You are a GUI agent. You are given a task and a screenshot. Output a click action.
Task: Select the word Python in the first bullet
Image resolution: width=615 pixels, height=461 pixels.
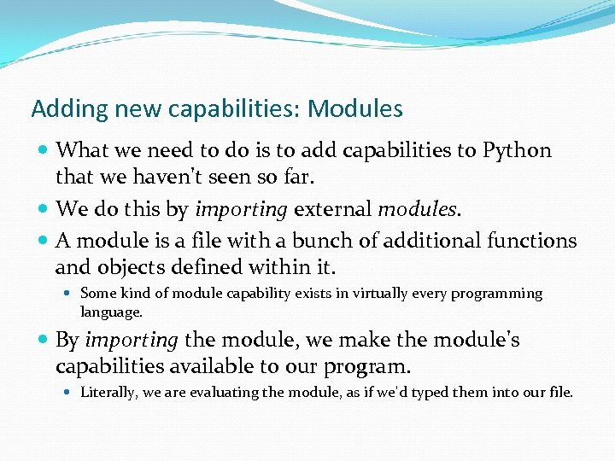coord(517,151)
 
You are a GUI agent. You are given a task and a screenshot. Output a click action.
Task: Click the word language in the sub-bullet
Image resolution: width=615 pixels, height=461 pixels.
coord(109,313)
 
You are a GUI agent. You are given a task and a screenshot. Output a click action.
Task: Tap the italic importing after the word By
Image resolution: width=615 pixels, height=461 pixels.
coord(131,341)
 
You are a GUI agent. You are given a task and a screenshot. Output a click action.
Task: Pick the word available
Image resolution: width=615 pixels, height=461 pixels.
coord(218,367)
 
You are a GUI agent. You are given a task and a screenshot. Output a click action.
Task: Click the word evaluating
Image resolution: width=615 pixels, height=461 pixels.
coord(231,393)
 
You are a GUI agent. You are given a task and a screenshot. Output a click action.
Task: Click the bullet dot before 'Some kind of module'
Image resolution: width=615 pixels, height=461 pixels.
coord(69,294)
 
